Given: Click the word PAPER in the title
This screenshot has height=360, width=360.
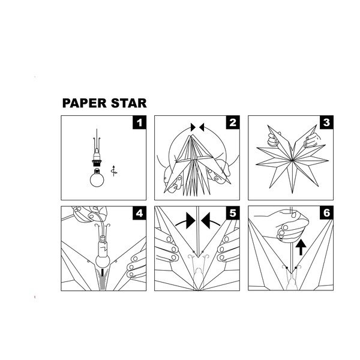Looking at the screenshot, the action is [84, 103].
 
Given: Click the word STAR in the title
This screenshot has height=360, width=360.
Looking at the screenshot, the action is [129, 103].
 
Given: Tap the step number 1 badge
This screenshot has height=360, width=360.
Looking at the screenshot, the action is [139, 122].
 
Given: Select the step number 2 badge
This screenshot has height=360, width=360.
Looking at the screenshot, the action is [233, 122].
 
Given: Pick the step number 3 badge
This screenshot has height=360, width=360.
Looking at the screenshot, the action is [326, 122].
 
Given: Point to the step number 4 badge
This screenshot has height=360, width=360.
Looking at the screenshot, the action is [139, 213].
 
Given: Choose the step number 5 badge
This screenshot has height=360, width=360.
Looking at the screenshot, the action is [233, 213].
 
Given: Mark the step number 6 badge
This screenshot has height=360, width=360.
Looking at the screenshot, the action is [326, 213].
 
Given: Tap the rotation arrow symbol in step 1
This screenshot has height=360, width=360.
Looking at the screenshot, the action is [114, 171].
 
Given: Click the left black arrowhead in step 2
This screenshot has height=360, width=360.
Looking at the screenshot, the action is [193, 127].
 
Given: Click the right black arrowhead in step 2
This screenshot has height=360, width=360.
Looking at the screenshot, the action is [202, 127].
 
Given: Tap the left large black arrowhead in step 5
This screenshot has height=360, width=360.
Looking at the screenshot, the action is [190, 221].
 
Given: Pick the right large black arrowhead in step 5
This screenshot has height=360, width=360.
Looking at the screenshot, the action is [205, 221].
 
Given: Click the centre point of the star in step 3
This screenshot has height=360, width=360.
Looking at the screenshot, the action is [292, 160].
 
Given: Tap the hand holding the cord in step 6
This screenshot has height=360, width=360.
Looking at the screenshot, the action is [287, 224].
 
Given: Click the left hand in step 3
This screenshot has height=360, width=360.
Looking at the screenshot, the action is [274, 139].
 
